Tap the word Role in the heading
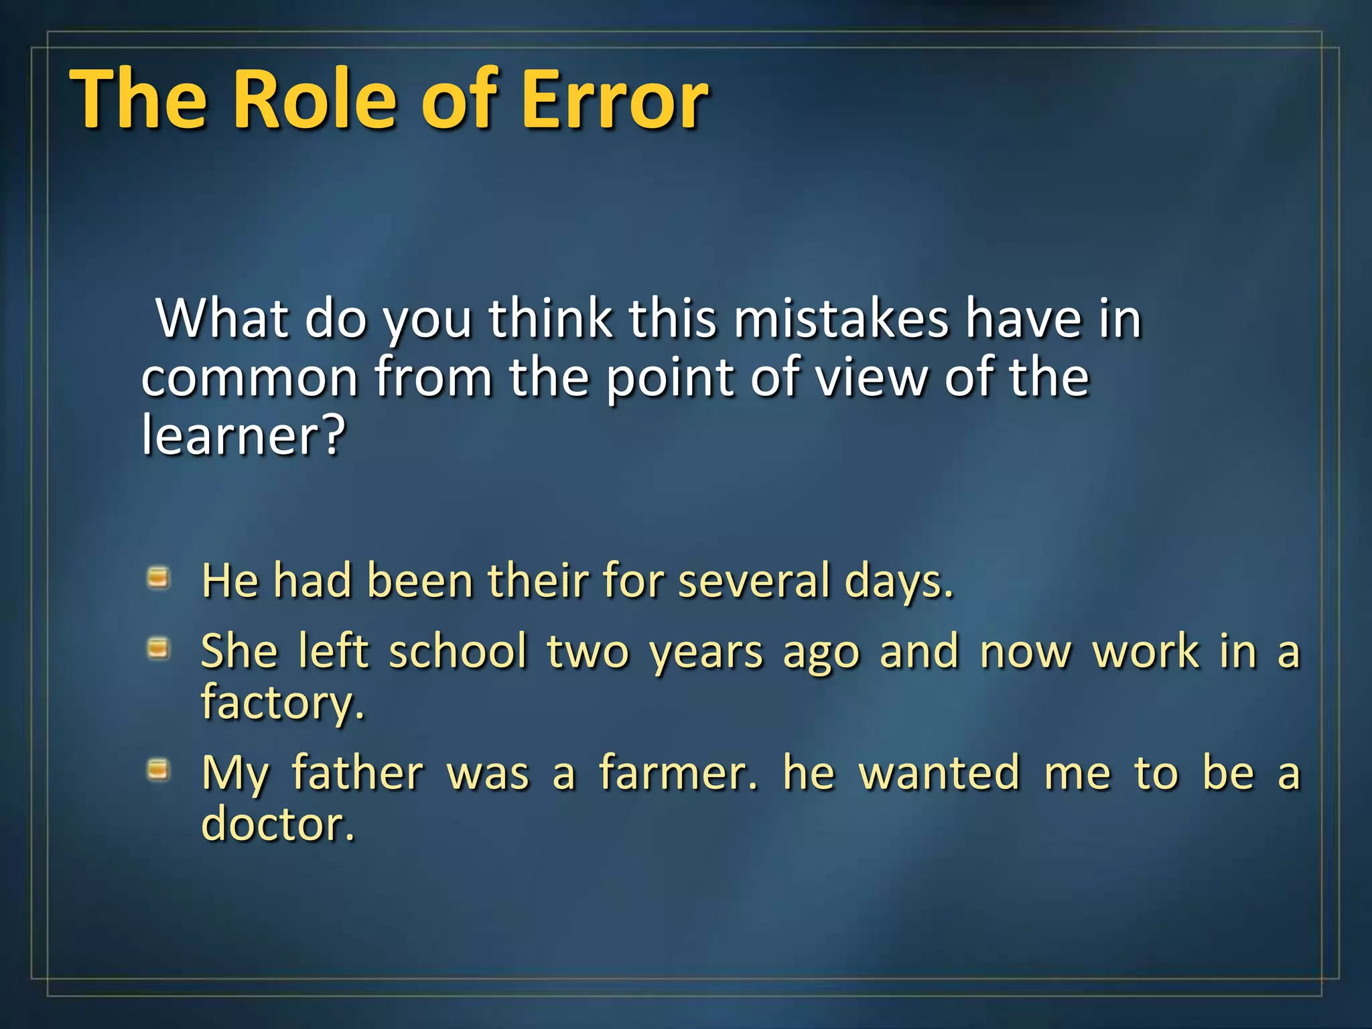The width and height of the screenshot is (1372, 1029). [316, 100]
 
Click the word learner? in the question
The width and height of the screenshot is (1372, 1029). [243, 435]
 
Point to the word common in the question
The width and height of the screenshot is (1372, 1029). [249, 379]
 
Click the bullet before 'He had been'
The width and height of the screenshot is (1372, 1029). [159, 577]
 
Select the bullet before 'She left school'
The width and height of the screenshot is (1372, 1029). [159, 648]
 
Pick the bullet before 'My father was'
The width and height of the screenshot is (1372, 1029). [159, 770]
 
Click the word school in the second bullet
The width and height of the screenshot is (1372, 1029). [458, 650]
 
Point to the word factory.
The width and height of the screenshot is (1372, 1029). [283, 703]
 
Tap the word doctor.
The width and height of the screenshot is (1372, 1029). [277, 823]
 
